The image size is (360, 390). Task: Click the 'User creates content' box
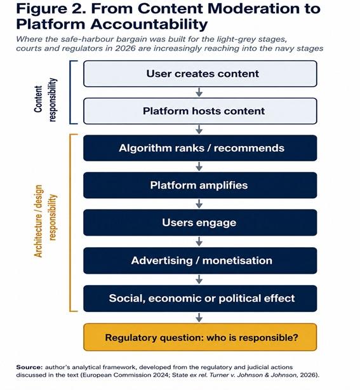(200, 74)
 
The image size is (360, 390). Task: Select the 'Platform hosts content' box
(200, 111)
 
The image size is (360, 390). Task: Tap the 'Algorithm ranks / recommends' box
(200, 148)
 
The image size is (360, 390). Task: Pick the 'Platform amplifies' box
(200, 185)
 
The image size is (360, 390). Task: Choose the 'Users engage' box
(200, 222)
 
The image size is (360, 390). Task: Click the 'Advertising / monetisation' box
(200, 260)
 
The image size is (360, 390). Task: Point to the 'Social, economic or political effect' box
(200, 299)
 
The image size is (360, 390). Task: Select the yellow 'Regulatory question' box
(200, 337)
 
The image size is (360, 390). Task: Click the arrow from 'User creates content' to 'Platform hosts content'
(199, 92)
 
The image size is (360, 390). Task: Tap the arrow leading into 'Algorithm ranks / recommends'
(199, 130)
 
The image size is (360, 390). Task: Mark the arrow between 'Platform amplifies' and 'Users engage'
(199, 204)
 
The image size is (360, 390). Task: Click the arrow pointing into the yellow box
(199, 318)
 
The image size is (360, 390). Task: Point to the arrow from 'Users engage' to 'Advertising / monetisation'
(199, 241)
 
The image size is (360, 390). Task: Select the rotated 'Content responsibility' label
(46, 100)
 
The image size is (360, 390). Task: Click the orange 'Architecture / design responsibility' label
(46, 221)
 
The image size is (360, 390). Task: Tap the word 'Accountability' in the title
(149, 24)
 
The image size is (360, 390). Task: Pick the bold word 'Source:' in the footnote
(29, 367)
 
